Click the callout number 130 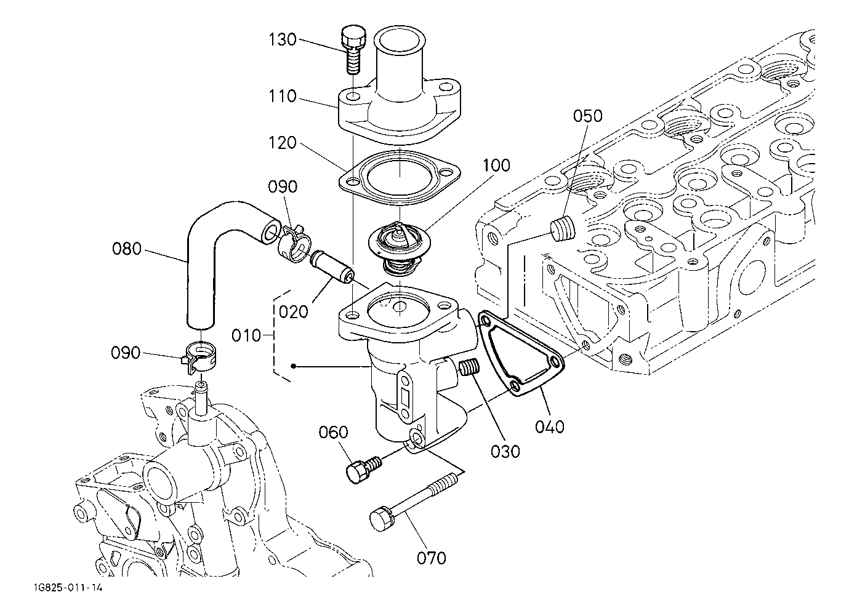coord(283,40)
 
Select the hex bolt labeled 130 coord(353,49)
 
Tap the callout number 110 coord(283,97)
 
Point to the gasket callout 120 coord(283,143)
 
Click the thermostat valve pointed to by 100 coord(400,249)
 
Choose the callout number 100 coord(496,165)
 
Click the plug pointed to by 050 coord(562,229)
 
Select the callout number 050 coord(587,116)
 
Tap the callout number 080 coord(127,249)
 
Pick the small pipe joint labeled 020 coord(332,266)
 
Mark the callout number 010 coord(246,335)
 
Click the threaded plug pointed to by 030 coord(469,368)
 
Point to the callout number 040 coord(550,427)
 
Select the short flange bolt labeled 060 coord(363,470)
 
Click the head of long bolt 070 coord(380,519)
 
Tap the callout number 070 coord(432,558)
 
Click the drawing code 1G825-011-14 coord(68,588)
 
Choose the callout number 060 coord(333,432)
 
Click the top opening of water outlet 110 coord(400,41)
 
